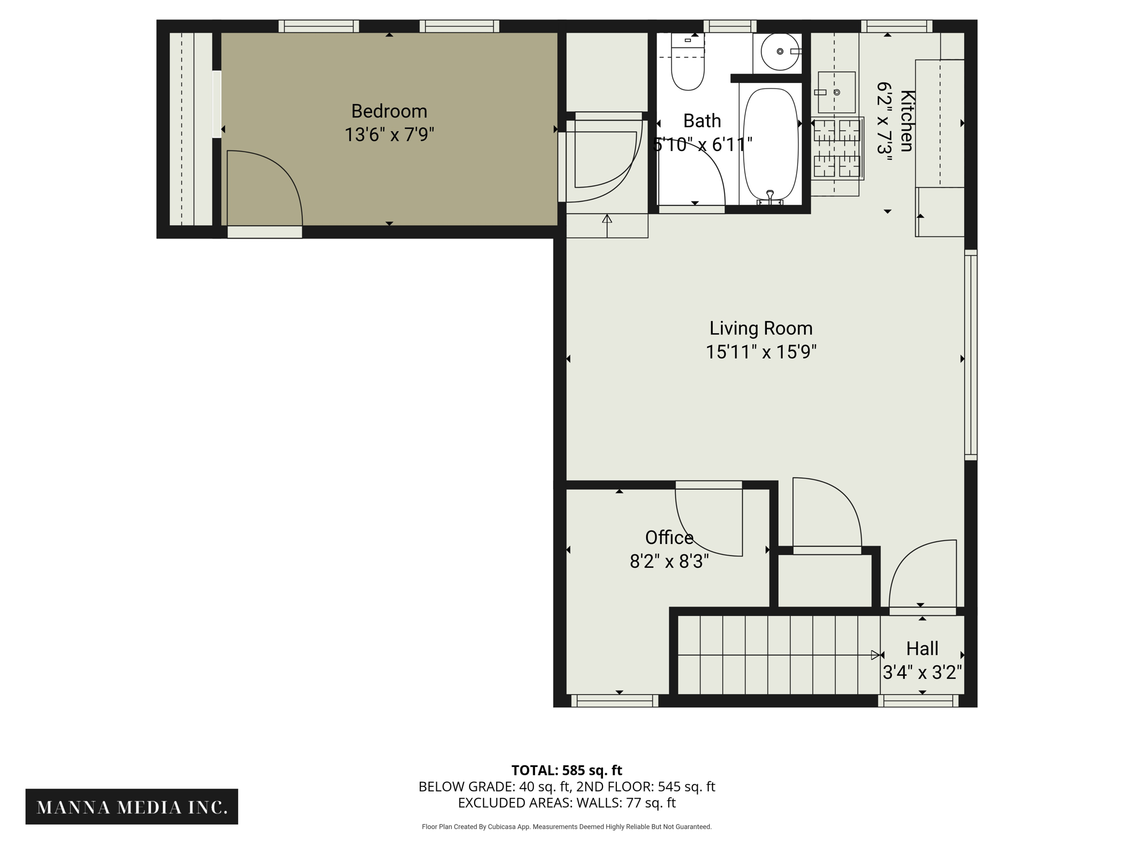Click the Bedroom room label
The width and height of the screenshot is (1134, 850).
pyautogui.click(x=389, y=111)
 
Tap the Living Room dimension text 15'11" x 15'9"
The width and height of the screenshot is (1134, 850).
pyautogui.click(x=761, y=352)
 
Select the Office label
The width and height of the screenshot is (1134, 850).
pyautogui.click(x=669, y=537)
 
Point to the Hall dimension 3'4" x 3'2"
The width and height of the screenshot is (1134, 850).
pyautogui.click(x=922, y=672)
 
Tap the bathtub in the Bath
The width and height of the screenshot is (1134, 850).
pyautogui.click(x=770, y=144)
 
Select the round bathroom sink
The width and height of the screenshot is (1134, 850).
pyautogui.click(x=780, y=51)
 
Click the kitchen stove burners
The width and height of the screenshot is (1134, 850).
pyautogui.click(x=837, y=148)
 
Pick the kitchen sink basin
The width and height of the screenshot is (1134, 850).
pyautogui.click(x=836, y=92)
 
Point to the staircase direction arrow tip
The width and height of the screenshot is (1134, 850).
pyautogui.click(x=875, y=655)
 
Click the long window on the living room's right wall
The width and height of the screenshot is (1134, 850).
pyautogui.click(x=971, y=355)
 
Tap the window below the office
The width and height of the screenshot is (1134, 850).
pyautogui.click(x=615, y=701)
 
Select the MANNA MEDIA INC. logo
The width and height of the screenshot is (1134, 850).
pyautogui.click(x=132, y=807)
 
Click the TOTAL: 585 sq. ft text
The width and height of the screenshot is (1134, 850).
pyautogui.click(x=566, y=770)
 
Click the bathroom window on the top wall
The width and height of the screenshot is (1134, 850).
pyautogui.click(x=730, y=26)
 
